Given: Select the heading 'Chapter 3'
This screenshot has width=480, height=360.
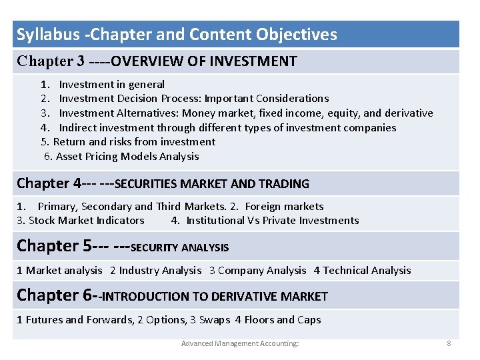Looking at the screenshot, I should tap(51, 61).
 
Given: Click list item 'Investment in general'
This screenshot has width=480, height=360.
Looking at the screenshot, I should tap(111, 84).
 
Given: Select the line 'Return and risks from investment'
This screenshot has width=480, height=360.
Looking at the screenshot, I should tap(134, 141).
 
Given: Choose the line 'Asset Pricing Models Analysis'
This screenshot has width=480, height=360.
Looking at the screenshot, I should tap(127, 156).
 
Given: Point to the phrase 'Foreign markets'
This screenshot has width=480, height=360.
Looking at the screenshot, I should tap(284, 206).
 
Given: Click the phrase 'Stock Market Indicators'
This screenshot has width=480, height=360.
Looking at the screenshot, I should tap(87, 220).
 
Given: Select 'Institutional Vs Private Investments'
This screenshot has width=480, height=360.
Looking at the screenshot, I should tap(272, 220).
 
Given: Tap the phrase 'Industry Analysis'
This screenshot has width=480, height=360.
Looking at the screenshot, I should tap(160, 270).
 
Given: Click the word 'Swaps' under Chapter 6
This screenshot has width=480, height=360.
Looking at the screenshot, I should tap(215, 319).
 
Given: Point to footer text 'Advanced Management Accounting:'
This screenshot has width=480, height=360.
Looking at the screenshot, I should tap(240, 343).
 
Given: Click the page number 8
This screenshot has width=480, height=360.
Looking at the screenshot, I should tap(449, 343).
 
